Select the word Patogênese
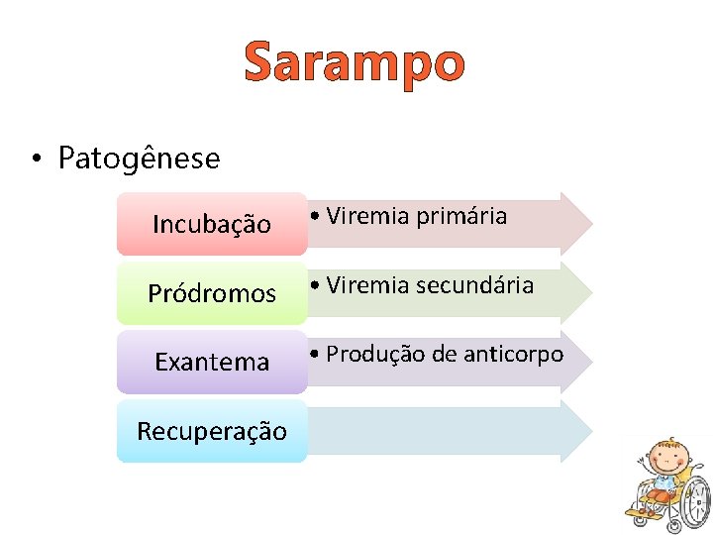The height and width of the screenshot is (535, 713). [139, 158]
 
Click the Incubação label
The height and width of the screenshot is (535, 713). [211, 225]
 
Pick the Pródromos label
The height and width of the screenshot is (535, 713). [211, 293]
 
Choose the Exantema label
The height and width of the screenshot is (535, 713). [211, 362]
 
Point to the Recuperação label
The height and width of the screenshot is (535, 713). [211, 431]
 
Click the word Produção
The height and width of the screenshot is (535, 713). [365, 354]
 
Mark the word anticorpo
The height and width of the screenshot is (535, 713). [514, 355]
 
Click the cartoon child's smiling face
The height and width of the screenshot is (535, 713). [665, 464]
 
